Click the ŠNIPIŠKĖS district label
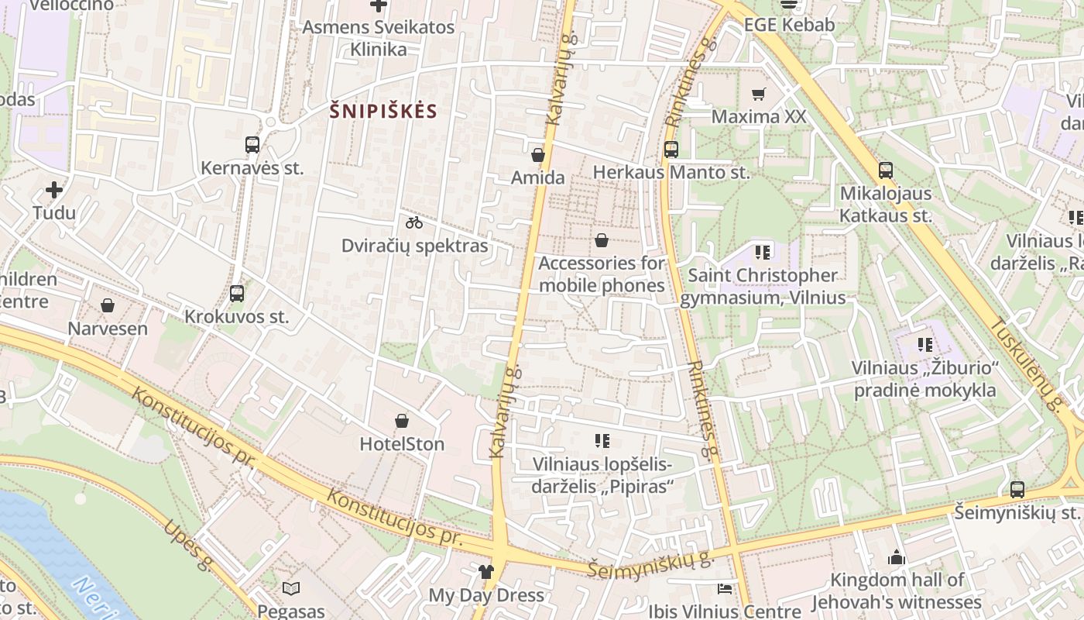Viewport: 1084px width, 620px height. click(x=383, y=111)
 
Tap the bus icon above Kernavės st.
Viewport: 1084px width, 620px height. click(x=252, y=144)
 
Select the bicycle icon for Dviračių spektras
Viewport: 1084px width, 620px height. click(x=414, y=222)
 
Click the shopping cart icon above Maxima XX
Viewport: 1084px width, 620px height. click(x=759, y=94)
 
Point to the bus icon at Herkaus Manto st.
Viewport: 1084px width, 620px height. click(x=671, y=150)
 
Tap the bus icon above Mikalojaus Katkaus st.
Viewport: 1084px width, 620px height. click(x=886, y=170)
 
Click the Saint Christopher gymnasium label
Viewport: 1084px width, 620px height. click(x=763, y=286)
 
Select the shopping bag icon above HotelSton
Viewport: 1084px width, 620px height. click(x=402, y=421)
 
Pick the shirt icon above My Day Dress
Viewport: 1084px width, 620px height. click(x=485, y=573)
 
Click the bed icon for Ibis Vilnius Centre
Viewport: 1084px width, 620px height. click(x=725, y=589)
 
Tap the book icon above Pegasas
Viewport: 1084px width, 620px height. click(x=291, y=589)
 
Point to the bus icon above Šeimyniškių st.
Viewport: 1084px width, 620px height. click(x=1017, y=490)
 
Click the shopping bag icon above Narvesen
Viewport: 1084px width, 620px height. click(x=108, y=305)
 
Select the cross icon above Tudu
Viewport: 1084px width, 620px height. click(x=54, y=190)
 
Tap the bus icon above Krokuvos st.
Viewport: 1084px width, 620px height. click(x=237, y=294)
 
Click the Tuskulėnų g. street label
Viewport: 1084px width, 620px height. click(x=1027, y=364)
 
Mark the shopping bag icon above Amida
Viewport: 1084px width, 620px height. click(x=538, y=155)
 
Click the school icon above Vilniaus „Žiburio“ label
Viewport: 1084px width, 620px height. click(x=924, y=344)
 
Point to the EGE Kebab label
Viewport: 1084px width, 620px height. click(x=789, y=25)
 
